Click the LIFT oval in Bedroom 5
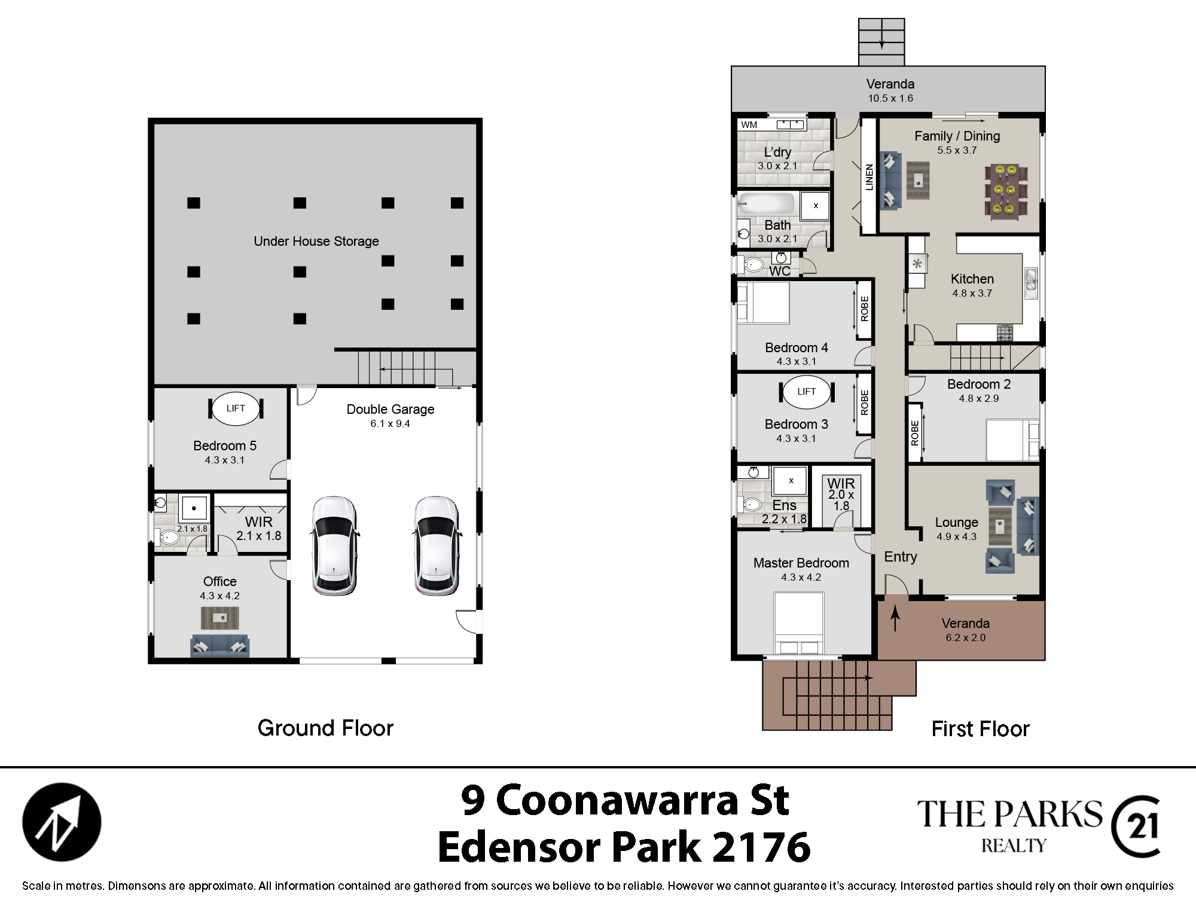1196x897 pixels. click(236, 408)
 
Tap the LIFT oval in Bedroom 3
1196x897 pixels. click(806, 392)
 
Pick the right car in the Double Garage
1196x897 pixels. click(437, 545)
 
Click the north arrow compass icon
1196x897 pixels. click(62, 822)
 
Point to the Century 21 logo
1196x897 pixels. click(1136, 827)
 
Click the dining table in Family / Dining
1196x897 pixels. click(1005, 190)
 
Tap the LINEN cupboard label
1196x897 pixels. click(869, 177)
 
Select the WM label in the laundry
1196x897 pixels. click(749, 125)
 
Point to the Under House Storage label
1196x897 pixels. click(316, 241)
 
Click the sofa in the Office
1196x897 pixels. click(219, 645)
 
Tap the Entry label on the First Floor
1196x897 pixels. click(901, 557)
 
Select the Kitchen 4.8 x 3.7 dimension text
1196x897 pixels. click(972, 293)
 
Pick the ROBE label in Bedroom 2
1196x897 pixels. click(914, 433)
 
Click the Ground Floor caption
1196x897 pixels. click(325, 728)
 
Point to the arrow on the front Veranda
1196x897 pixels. click(895, 619)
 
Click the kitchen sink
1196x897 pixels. click(1031, 283)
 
